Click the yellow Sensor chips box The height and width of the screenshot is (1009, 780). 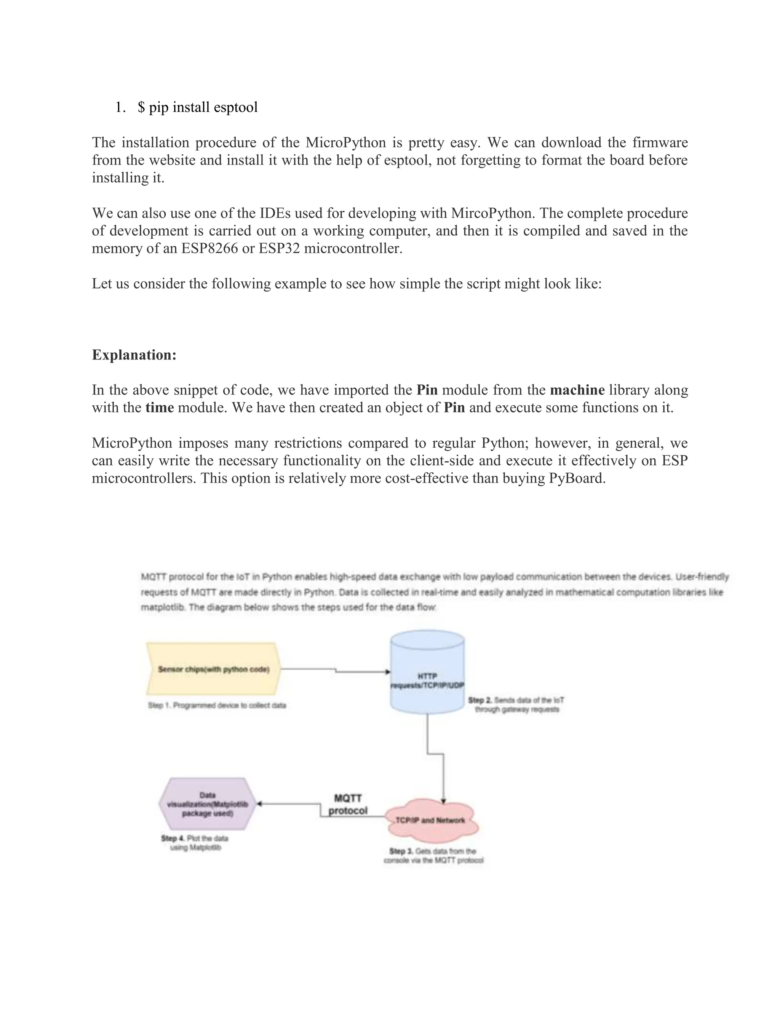point(214,669)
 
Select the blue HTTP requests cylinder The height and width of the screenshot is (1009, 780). point(427,672)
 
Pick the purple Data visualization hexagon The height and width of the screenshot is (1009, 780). point(207,804)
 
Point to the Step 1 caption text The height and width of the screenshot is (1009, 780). point(217,706)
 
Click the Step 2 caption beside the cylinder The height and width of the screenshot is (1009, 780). point(516,704)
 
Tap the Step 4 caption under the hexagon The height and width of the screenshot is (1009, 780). point(195,843)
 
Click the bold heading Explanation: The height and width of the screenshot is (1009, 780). point(134,355)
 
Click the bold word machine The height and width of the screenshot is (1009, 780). point(577,390)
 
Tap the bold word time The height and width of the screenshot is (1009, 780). point(160,407)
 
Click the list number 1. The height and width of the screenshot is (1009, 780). point(120,107)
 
